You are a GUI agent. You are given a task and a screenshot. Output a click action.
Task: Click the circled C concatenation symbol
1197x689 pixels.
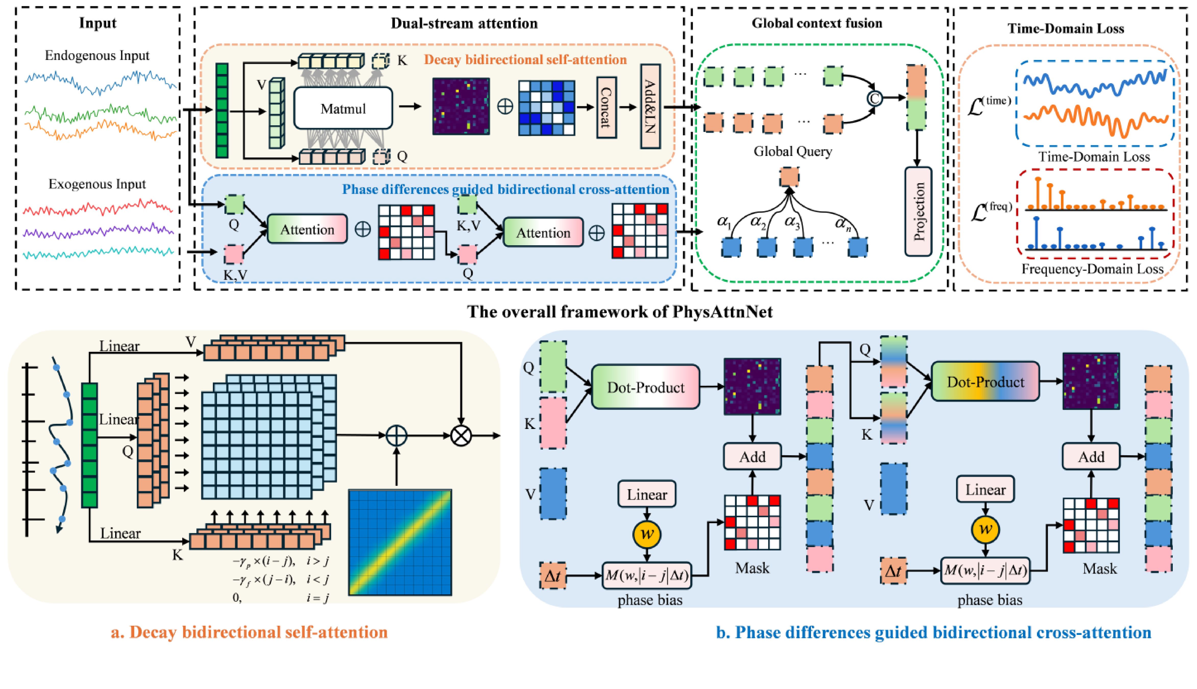pyautogui.click(x=875, y=99)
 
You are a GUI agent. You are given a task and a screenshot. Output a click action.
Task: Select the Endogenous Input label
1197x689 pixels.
pyautogui.click(x=97, y=56)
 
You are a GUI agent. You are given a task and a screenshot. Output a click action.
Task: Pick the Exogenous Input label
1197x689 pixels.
pyautogui.click(x=97, y=184)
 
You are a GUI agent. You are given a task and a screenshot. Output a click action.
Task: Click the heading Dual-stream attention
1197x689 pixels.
pyautogui.click(x=464, y=23)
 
